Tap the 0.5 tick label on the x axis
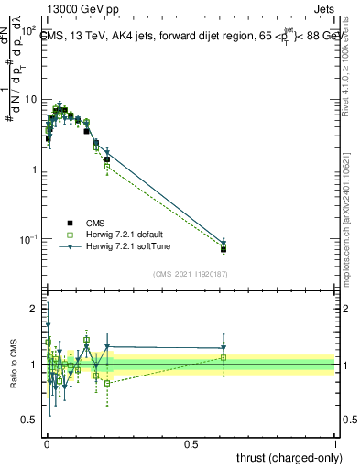click(x=191, y=442)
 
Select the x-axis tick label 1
click(x=335, y=442)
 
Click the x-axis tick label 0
click(x=47, y=442)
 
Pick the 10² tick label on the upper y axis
click(x=29, y=31)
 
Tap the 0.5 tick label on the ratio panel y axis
click(x=30, y=420)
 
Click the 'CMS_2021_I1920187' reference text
click(x=190, y=274)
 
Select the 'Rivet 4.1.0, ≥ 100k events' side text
click(x=348, y=73)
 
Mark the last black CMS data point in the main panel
click(x=224, y=248)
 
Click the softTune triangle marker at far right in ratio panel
click(x=224, y=348)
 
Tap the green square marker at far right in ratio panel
click(x=224, y=357)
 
